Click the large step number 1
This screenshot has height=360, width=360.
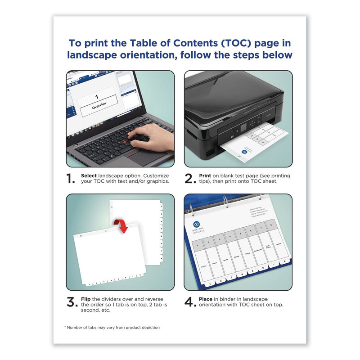click(x=71, y=179)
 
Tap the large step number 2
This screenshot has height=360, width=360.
click(x=189, y=179)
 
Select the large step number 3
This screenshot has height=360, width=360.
click(x=71, y=302)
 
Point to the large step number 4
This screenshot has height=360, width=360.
click(x=190, y=302)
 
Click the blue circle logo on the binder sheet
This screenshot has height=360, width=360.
click(x=197, y=224)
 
